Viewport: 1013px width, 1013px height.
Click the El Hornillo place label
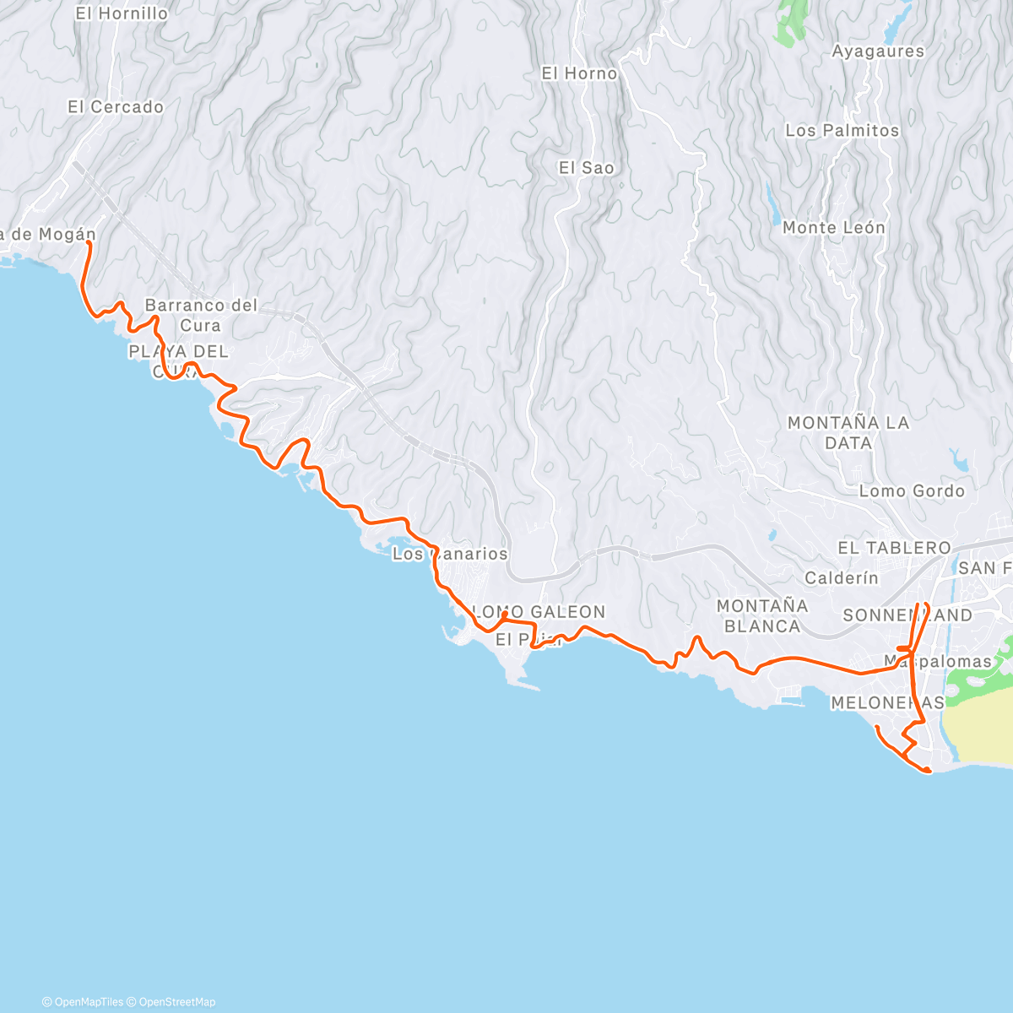(122, 14)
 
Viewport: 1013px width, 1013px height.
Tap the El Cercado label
(116, 107)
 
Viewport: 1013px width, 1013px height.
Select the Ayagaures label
(878, 51)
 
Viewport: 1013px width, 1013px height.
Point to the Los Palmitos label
(842, 131)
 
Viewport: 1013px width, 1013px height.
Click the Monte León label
(833, 228)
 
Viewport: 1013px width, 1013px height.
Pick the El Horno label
(579, 74)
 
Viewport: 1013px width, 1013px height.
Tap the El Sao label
(586, 168)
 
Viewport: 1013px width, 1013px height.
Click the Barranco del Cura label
(201, 315)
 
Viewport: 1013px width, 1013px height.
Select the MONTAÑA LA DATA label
(848, 432)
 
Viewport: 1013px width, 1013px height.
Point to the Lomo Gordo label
(911, 491)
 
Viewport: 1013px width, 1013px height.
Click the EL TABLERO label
(893, 548)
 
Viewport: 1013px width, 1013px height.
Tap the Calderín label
(841, 578)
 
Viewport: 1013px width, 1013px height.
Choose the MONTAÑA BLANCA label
(761, 615)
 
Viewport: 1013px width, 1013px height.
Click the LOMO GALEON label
(540, 612)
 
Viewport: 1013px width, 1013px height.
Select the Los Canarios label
(450, 555)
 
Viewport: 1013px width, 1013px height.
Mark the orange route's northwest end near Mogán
(89, 243)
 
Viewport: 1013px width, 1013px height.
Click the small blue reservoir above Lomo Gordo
(960, 460)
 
